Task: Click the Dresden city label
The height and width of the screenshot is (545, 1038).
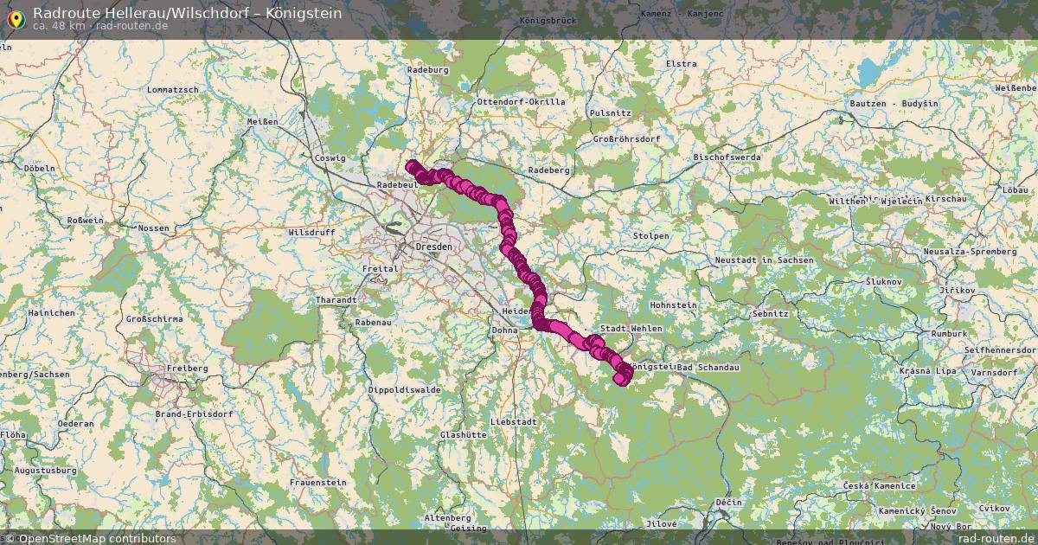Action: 435,247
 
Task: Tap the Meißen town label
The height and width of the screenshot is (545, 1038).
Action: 262,122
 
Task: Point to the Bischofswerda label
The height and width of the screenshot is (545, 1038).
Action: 727,157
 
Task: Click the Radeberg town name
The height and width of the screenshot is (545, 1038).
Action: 548,170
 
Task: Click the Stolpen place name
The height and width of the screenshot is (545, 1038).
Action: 650,235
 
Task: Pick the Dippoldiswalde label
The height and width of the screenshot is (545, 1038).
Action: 404,390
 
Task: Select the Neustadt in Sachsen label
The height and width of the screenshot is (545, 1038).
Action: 764,260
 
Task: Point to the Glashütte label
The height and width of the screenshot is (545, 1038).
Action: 463,435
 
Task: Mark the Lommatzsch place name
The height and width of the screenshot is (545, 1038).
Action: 173,90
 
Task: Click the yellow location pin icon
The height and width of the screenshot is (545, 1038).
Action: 16,16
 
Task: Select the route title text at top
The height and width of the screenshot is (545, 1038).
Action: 187,13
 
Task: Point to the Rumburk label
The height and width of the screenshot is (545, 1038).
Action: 949,333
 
